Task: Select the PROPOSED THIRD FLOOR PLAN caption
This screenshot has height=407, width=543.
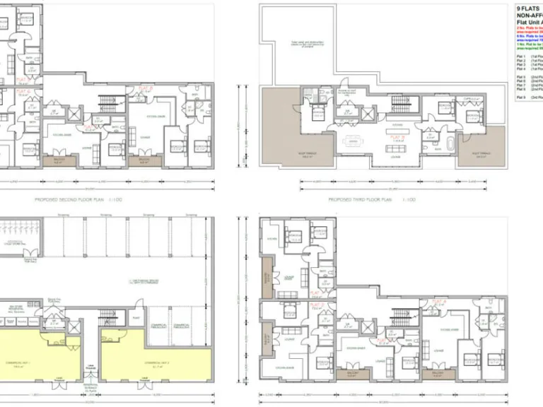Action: tap(371, 200)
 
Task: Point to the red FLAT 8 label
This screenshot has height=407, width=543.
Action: tap(146, 89)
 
